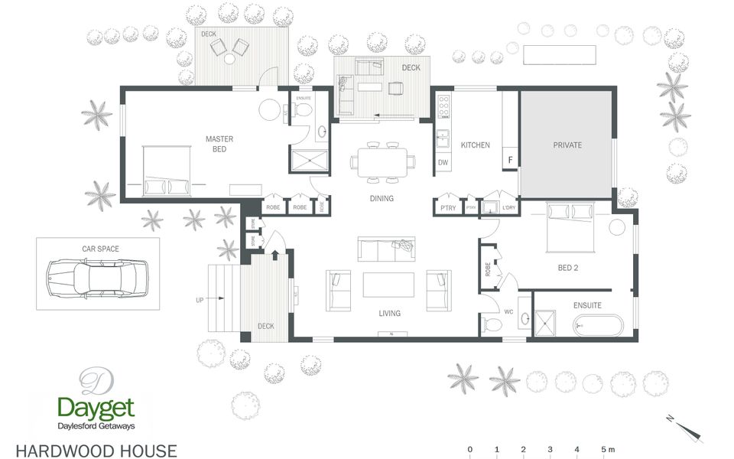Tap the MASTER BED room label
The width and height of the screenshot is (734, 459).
219,143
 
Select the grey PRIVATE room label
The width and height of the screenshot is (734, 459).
567,145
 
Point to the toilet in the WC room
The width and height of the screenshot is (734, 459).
492,326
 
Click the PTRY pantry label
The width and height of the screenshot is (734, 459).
447,207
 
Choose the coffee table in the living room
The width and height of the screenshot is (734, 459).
388,285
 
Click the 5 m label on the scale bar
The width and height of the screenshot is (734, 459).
607,448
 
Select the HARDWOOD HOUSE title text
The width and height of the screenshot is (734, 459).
96,451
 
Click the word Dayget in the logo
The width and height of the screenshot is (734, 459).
96,407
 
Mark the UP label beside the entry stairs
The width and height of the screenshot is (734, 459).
200,300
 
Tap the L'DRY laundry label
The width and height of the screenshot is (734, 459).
508,207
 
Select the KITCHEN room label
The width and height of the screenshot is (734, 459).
475,145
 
